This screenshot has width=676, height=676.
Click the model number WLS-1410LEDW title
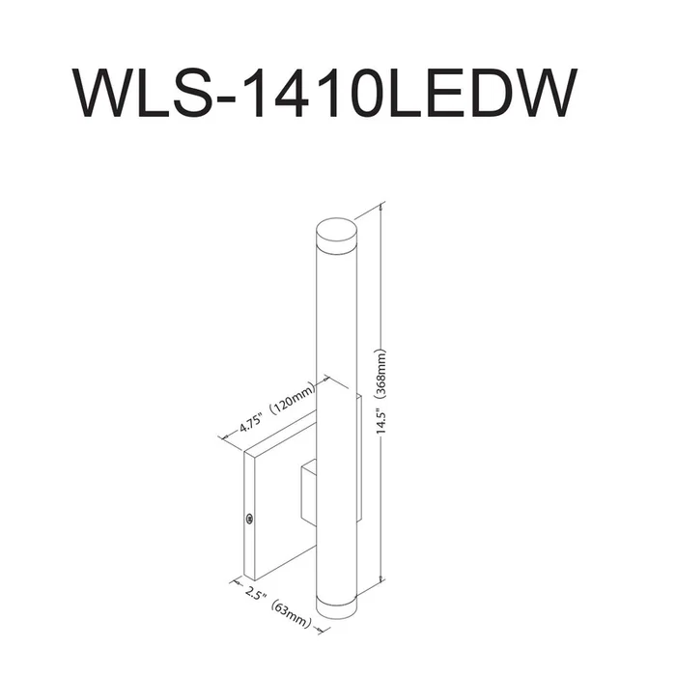(325, 92)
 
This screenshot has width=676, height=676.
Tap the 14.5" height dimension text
(380, 421)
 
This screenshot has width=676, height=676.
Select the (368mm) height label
(380, 373)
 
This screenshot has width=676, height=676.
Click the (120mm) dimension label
(293, 400)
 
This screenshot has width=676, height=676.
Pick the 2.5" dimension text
(256, 594)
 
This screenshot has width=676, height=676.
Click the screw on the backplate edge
(249, 520)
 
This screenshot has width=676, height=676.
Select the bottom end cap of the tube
(337, 607)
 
